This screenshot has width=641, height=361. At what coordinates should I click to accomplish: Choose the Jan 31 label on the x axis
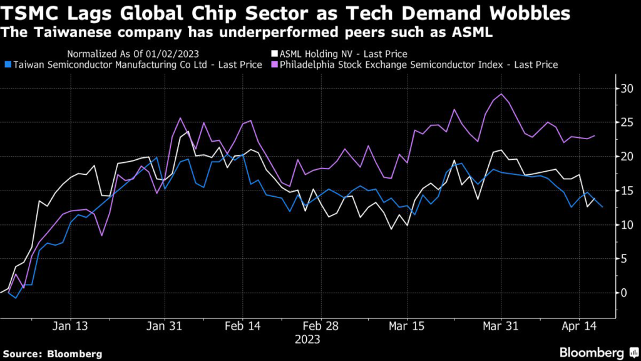coord(165,327)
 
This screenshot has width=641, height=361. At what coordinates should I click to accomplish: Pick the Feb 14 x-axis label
coord(242,327)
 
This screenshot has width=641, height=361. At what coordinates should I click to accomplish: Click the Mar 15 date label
coord(407,327)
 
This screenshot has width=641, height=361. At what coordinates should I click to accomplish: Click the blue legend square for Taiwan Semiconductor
coord(7,65)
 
